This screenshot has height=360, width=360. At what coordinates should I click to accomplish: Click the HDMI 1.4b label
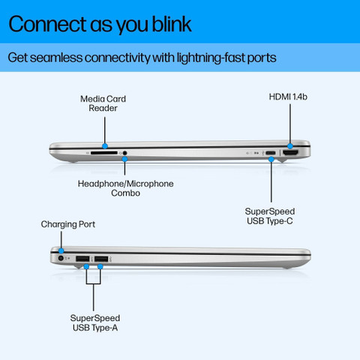click(x=288, y=97)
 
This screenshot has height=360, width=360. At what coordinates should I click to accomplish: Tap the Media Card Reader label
click(x=103, y=103)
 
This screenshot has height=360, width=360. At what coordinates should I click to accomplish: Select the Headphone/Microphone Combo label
click(x=125, y=188)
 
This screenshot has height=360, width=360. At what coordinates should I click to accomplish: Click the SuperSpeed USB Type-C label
click(x=270, y=216)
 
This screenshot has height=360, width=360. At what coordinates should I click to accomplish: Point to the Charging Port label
click(x=68, y=224)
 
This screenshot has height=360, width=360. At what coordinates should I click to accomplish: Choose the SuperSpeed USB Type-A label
click(x=95, y=322)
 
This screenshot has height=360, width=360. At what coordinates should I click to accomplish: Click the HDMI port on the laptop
click(x=290, y=153)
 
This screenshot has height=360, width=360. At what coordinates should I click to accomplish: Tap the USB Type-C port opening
click(x=271, y=153)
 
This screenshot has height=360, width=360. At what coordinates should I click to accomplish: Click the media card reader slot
click(x=103, y=152)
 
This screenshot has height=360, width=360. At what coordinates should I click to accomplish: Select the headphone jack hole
click(x=124, y=153)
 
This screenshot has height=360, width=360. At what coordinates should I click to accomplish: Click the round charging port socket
click(x=61, y=258)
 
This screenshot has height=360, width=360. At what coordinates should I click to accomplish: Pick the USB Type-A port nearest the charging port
click(x=82, y=259)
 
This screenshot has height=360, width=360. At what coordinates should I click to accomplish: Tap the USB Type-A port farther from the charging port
click(x=101, y=259)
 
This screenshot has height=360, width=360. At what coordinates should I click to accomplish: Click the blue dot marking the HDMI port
click(x=290, y=146)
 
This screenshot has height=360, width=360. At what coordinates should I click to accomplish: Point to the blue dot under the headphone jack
click(x=124, y=159)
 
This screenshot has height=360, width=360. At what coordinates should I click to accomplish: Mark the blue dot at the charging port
click(x=61, y=250)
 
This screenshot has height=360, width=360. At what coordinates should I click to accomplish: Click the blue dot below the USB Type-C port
click(x=271, y=159)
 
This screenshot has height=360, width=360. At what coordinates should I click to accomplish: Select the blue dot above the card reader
click(x=105, y=146)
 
